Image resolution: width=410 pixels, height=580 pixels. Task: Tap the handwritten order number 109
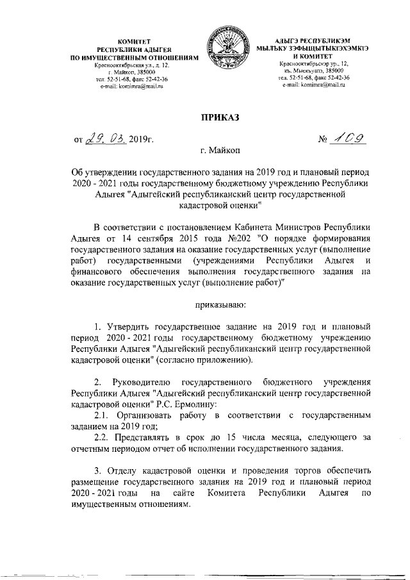point(347,137)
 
